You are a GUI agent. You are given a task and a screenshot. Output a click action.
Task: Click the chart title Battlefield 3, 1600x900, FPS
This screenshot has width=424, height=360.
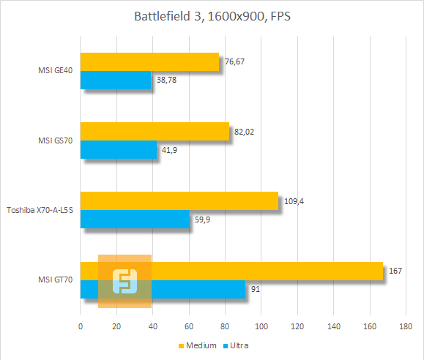pos(212,16)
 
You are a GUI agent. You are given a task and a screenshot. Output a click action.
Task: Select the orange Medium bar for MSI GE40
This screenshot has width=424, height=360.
pos(149,62)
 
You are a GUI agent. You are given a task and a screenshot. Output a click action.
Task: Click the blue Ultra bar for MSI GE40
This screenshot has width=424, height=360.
pos(115,80)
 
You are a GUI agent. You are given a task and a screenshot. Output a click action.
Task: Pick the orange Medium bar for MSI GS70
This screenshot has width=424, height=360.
pos(155,132)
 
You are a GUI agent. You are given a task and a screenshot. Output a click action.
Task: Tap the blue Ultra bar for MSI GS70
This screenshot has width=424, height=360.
pos(118,149)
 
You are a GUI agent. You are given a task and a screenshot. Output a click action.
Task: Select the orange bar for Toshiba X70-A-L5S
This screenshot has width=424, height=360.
pos(179,201)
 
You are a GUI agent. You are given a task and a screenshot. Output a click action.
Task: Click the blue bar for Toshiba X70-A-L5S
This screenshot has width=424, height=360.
pos(134,219)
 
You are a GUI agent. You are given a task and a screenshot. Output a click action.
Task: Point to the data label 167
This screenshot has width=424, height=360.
pos(396,271)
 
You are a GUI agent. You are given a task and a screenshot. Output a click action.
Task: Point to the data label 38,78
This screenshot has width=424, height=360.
pos(166,80)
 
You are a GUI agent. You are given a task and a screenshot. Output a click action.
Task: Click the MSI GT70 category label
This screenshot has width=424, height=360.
pos(55,280)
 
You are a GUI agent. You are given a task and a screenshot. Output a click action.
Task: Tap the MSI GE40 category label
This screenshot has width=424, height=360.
pos(55,71)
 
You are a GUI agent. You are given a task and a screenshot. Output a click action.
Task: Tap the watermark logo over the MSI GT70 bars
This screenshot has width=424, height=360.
pos(125,281)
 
